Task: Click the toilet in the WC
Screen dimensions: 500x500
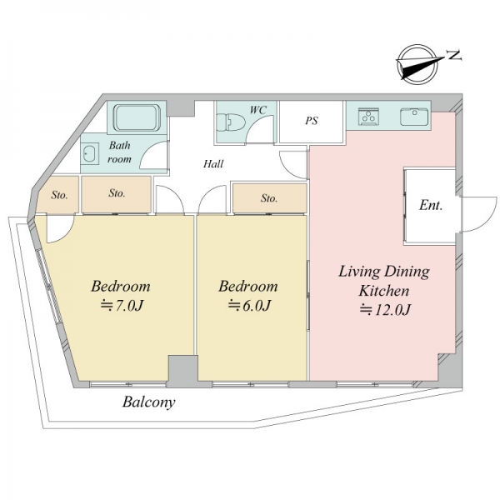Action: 231,122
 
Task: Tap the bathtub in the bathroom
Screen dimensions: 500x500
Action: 137,117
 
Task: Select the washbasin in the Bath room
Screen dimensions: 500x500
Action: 90,153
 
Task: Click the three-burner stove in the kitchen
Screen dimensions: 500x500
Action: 368,117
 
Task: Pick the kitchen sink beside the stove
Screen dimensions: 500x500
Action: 414,117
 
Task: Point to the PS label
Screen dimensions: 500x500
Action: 312,121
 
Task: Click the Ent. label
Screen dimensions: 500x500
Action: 431,205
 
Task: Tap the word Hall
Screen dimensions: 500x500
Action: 213,164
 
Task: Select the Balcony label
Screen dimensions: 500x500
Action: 149,402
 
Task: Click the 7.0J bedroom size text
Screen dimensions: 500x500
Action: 122,306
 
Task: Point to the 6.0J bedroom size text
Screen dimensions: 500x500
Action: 250,306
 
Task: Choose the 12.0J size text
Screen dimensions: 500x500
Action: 385,310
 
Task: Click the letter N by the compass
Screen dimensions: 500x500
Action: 454,56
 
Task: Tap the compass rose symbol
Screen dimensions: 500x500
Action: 417,65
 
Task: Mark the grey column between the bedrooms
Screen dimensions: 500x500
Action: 182,371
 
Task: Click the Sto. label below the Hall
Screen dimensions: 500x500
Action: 269,198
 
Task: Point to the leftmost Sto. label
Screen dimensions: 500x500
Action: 59,195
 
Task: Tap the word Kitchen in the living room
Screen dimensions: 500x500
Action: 384,291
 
